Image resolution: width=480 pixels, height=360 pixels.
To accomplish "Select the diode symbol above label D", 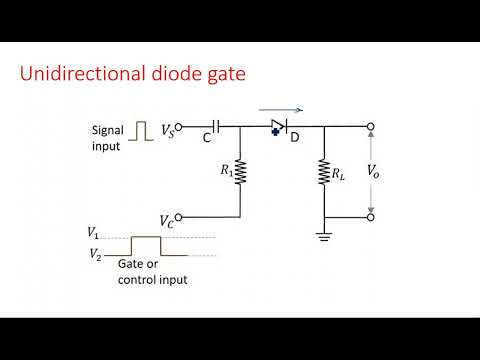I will pyautogui.click(x=280, y=127).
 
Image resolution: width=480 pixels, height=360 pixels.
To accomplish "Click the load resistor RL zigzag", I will pyautogui.click(x=325, y=171).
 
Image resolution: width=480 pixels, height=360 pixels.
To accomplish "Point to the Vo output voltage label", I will pyautogui.click(x=373, y=171).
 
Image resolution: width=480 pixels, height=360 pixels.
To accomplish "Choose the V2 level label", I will pyautogui.click(x=94, y=255).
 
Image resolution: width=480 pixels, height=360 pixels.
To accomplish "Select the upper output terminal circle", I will pyautogui.click(x=371, y=127).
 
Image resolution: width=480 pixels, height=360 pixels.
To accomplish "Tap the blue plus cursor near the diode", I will pyautogui.click(x=271, y=131).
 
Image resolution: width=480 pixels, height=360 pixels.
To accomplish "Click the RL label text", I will pyautogui.click(x=340, y=171).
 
